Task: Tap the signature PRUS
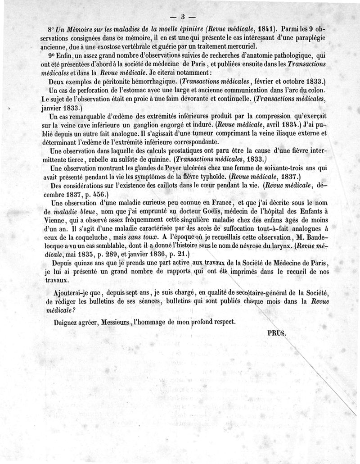pyautogui.click(x=276, y=334)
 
